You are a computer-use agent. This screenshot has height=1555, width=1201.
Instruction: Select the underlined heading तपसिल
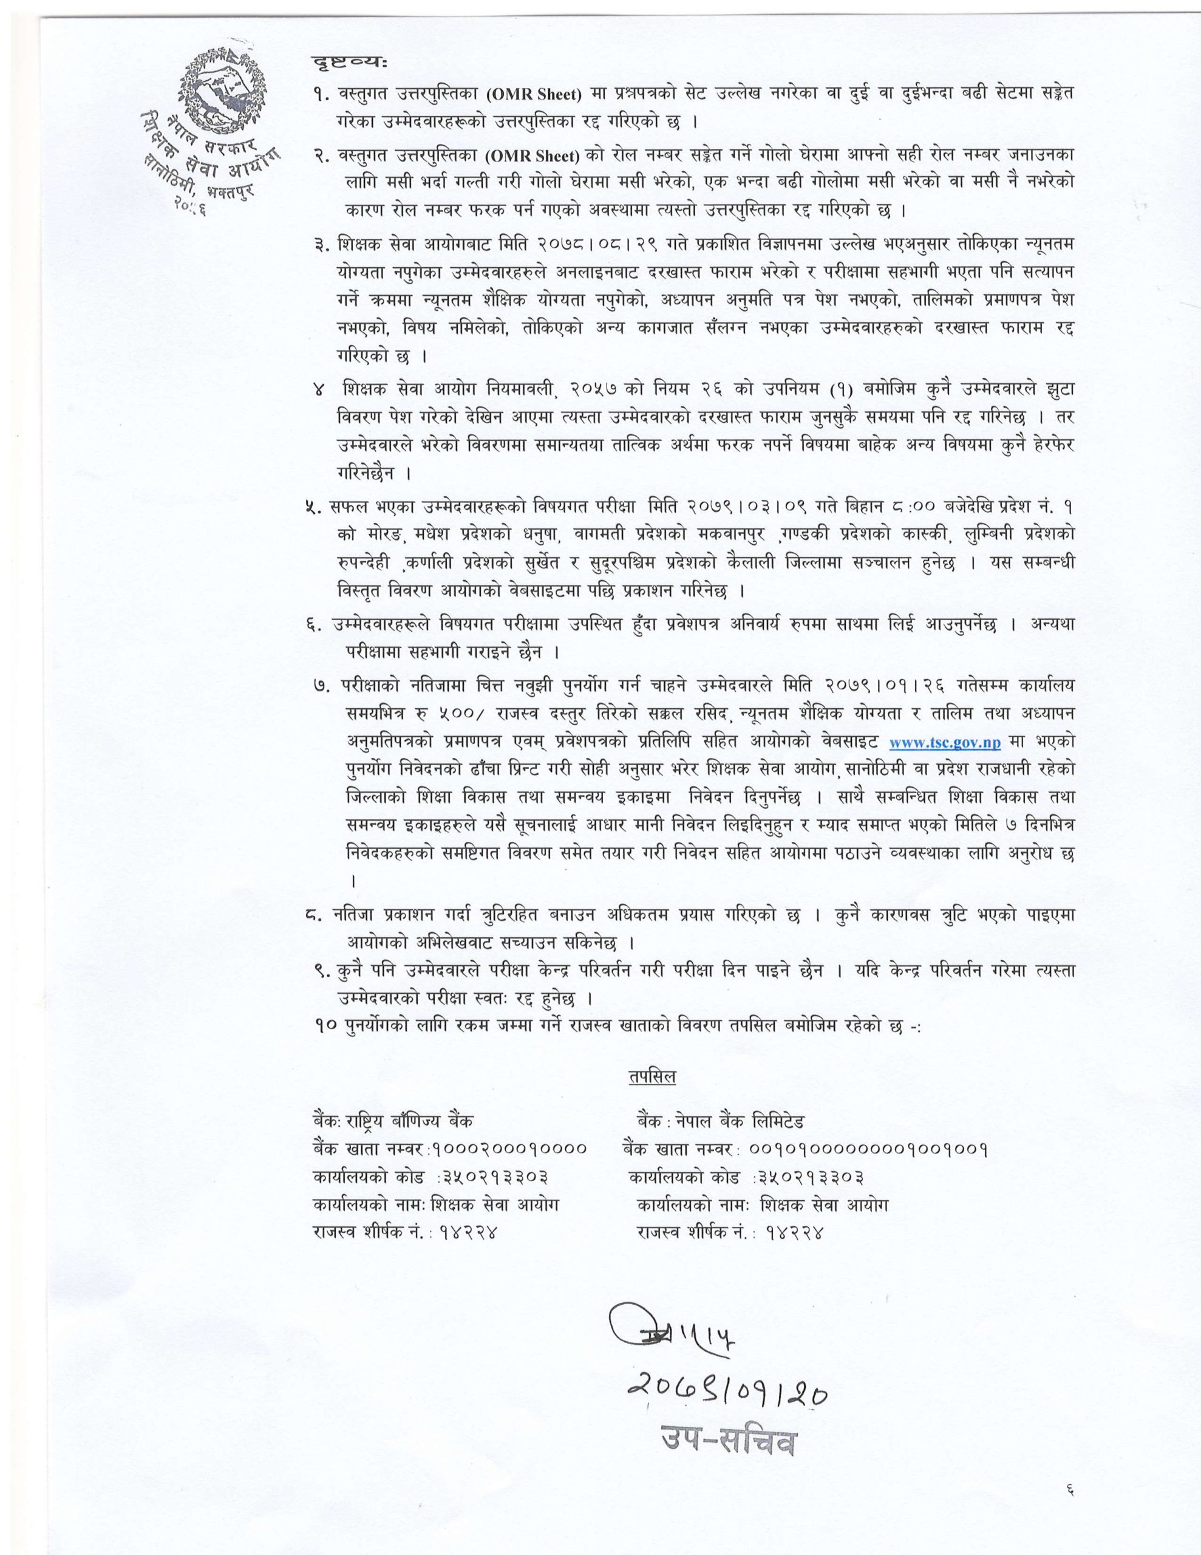pyautogui.click(x=652, y=1076)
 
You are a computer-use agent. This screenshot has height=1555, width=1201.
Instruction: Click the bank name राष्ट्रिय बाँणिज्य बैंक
pyautogui.click(x=409, y=1120)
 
